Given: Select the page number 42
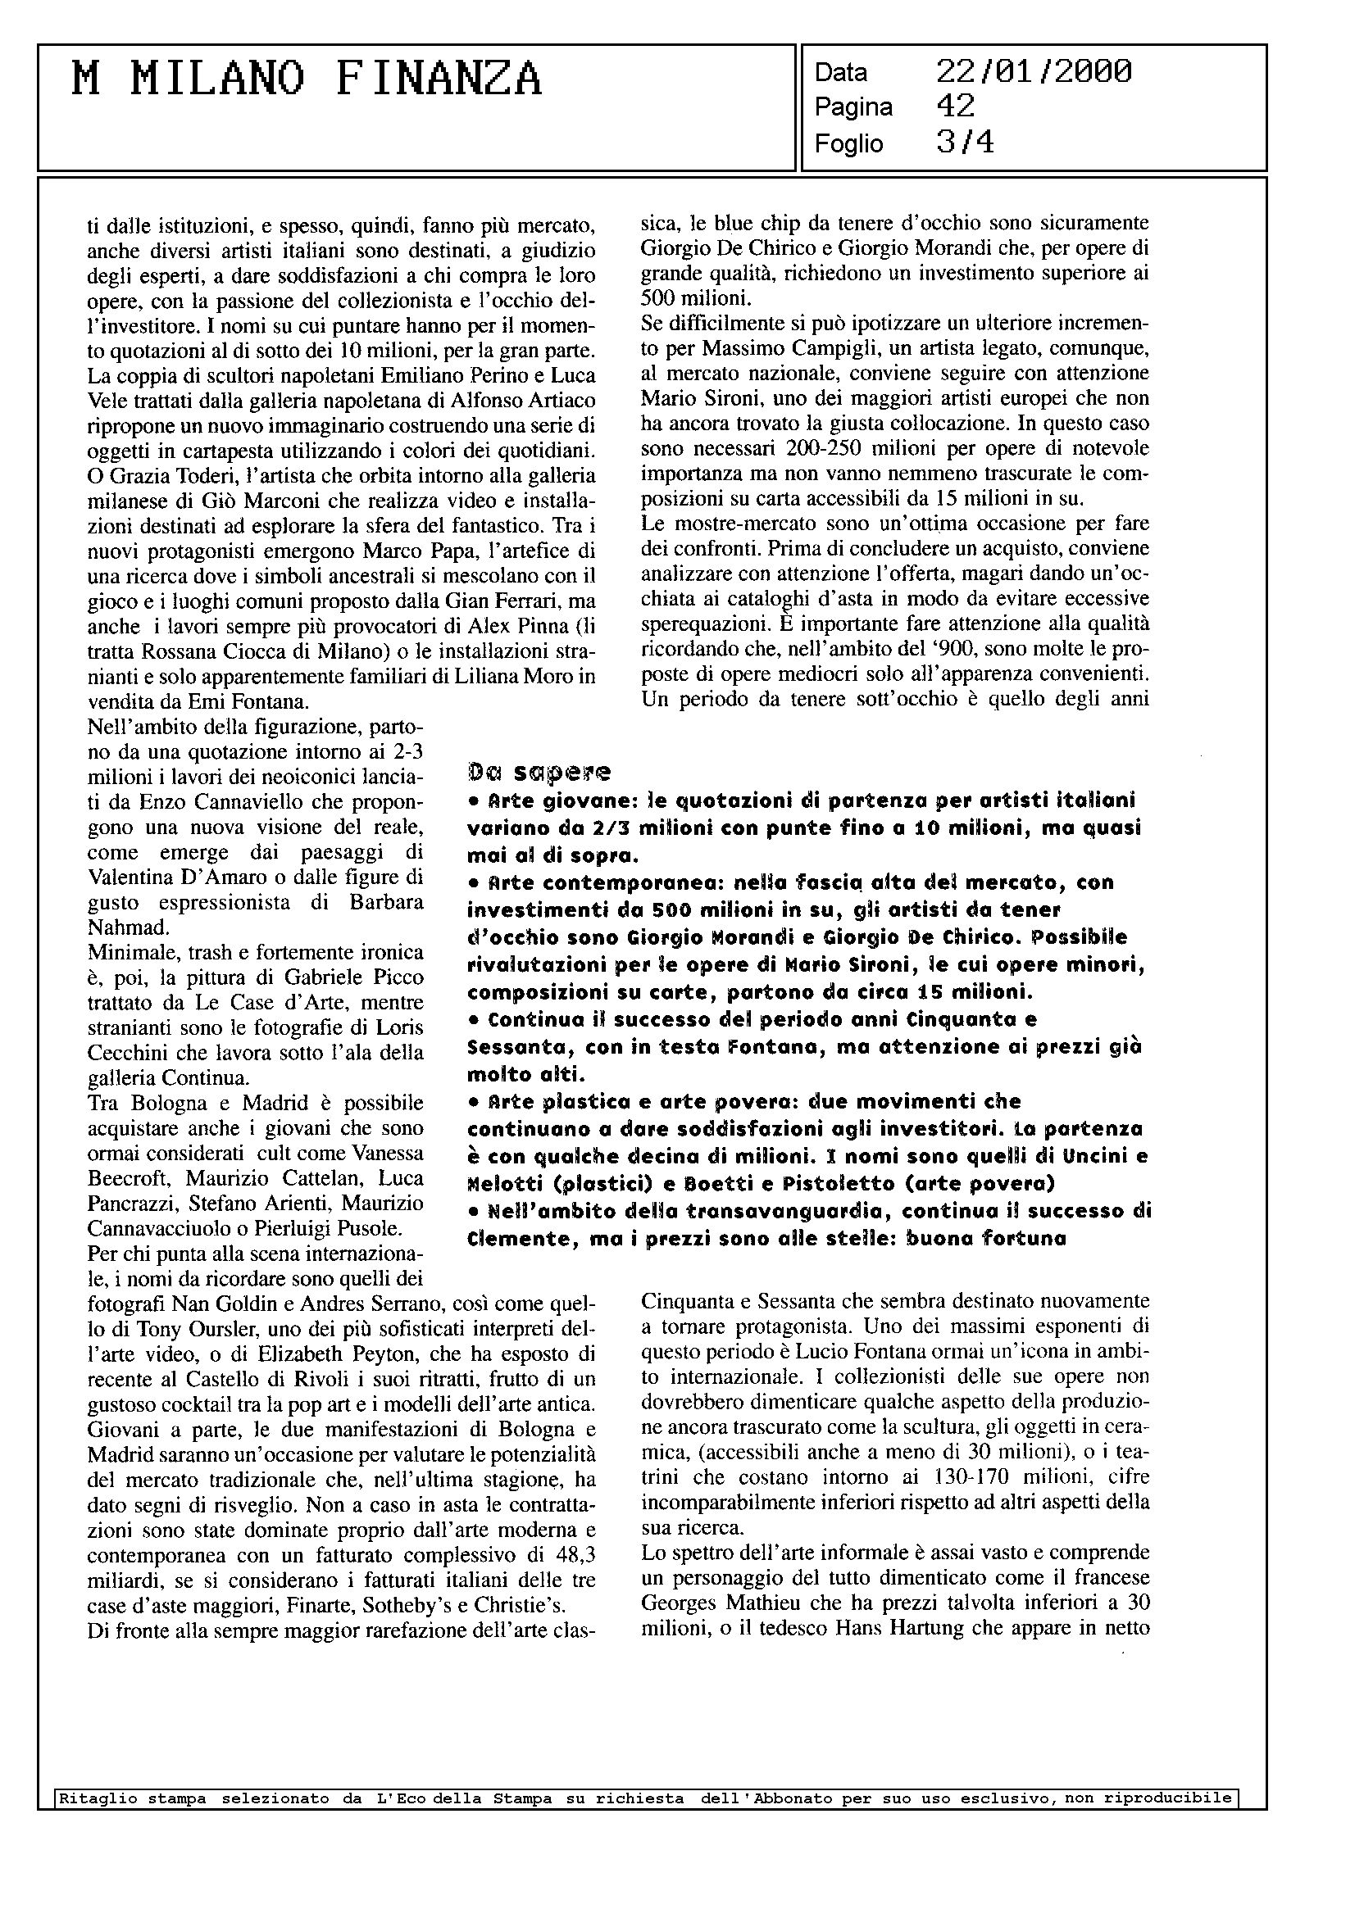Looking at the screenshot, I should [955, 107].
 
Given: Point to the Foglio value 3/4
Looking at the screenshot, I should [965, 143].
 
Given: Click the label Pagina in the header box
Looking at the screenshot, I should [852, 107].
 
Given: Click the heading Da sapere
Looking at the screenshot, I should [539, 771].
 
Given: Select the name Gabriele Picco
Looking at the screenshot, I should [353, 977].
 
